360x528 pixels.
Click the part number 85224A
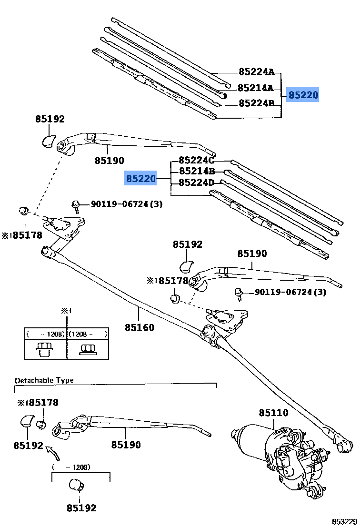256,72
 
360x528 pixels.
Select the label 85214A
255,88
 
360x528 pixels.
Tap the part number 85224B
256,103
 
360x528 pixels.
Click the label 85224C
197,161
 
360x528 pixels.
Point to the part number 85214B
197,172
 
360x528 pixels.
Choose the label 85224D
197,183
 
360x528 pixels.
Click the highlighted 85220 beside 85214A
303,95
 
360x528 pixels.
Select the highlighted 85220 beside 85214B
141,179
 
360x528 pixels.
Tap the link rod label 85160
140,327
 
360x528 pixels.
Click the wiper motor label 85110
273,413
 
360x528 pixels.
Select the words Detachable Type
44,380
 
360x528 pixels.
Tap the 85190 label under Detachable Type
126,445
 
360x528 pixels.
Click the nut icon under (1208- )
87,350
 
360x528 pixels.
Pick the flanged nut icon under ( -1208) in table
45,350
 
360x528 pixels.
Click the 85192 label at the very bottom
81,508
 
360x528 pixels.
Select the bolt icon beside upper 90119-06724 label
75,205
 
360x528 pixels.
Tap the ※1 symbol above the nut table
66,311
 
